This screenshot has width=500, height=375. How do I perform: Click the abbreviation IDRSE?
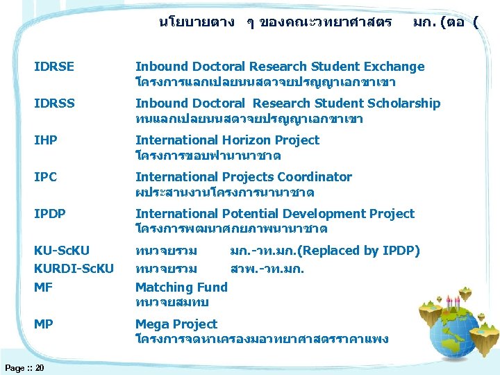(54, 67)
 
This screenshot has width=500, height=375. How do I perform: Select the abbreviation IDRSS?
(54, 103)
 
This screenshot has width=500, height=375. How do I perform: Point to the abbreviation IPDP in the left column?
(50, 214)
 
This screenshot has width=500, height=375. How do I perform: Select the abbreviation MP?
(44, 324)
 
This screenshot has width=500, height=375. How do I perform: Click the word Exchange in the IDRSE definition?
(394, 67)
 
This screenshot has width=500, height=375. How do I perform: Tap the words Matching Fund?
(181, 287)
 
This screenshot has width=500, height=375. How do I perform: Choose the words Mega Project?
(176, 324)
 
